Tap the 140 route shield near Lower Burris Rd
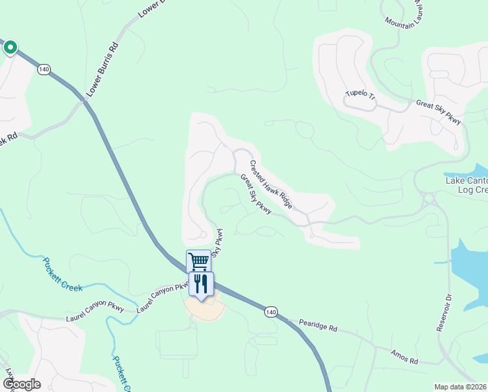coord(44,69)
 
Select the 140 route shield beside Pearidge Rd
coord(270,313)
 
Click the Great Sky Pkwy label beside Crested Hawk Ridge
coord(255,194)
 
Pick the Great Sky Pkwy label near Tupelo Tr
coord(438,112)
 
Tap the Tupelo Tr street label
coord(361,97)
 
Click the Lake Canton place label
coord(466,180)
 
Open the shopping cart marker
coord(198,261)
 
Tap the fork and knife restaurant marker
coord(201,284)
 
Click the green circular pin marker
coord(10,48)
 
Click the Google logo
coord(21,384)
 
